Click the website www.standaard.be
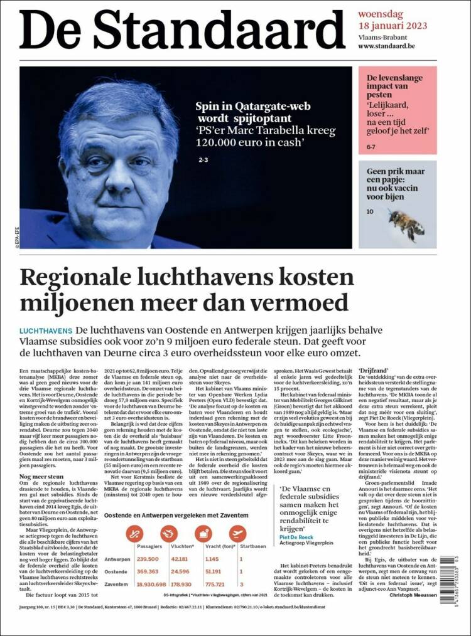coord(393,46)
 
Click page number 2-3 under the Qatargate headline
coord(203,161)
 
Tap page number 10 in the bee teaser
coord(370,212)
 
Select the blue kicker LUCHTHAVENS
coord(46,330)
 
